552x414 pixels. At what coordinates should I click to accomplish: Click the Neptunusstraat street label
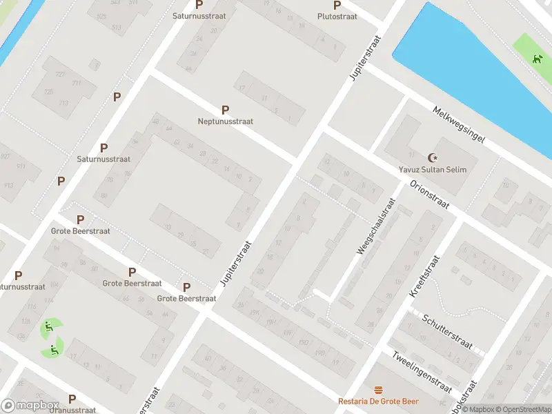225,121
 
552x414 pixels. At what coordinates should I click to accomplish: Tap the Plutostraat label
337,17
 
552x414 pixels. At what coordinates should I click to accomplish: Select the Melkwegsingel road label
458,124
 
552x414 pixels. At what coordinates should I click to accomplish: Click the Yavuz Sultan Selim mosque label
433,170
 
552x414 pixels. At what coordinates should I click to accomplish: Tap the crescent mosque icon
433,158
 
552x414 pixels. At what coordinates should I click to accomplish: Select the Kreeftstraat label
424,276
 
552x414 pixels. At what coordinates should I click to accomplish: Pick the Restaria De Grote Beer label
378,402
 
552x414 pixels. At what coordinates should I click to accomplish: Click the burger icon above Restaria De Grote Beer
377,391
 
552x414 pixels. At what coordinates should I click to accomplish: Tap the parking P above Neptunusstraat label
225,110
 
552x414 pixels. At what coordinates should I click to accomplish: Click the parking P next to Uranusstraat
72,399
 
